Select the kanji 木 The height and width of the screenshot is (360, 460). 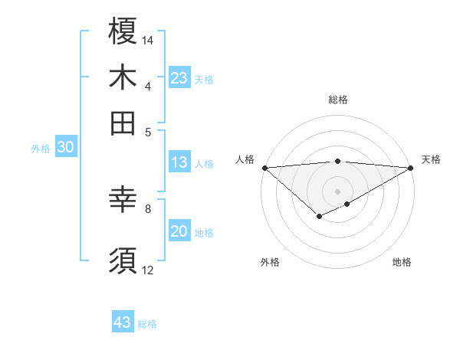(x=123, y=77)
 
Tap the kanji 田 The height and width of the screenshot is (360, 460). (x=123, y=123)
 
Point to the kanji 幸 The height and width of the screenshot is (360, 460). (x=123, y=200)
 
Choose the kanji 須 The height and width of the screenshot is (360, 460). (x=123, y=260)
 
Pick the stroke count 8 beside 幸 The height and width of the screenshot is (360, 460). (x=148, y=208)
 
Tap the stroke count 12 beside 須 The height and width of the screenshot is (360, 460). (x=148, y=270)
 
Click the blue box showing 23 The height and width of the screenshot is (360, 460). (x=179, y=78)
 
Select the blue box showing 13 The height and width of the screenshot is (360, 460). (x=179, y=162)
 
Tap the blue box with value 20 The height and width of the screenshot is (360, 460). (x=179, y=231)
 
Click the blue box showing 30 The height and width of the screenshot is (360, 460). (x=65, y=148)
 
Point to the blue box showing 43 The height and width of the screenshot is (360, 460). (x=123, y=322)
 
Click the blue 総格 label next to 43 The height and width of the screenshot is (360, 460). (x=147, y=323)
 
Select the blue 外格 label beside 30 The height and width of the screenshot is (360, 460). (x=41, y=149)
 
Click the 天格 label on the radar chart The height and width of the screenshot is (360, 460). (x=431, y=159)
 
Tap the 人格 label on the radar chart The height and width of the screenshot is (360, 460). (x=245, y=159)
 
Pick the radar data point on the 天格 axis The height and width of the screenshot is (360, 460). (x=411, y=168)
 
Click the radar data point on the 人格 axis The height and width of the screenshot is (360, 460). (x=264, y=168)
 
